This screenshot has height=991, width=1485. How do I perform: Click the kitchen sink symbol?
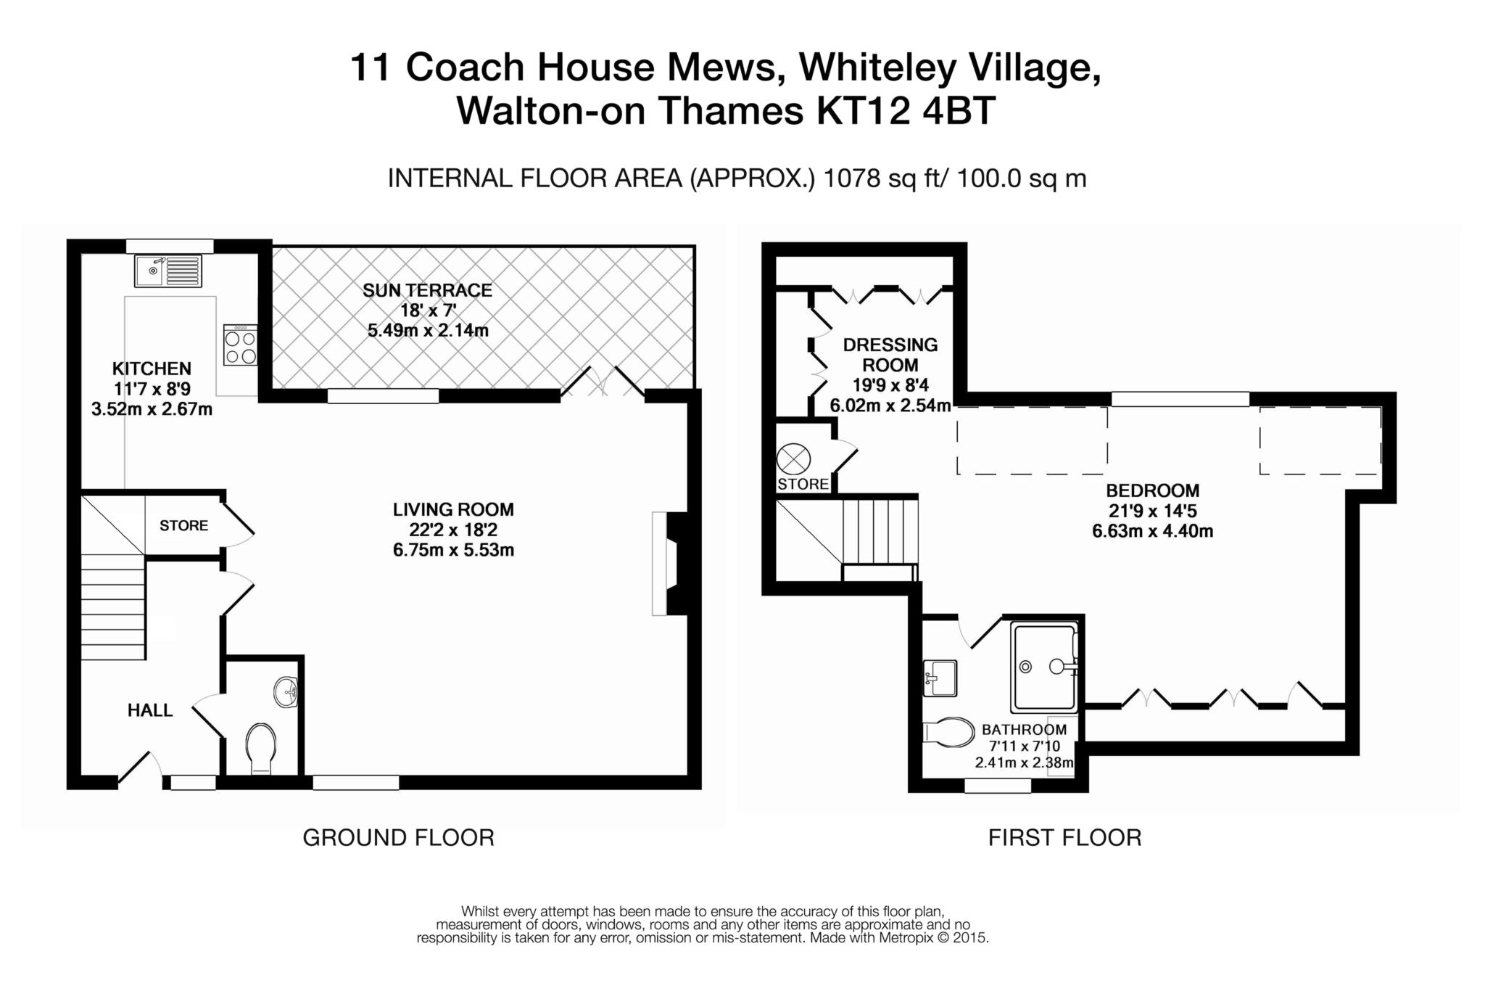168,271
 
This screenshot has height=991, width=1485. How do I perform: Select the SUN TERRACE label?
427,290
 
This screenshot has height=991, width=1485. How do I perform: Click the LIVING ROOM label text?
453,509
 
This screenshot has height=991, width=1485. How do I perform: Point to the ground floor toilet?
260,747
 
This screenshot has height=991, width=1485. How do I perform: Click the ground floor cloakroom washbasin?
286,691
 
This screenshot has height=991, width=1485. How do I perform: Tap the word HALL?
150,710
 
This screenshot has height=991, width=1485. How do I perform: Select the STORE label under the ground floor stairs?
183,525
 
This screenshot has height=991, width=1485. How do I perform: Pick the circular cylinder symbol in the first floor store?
793,459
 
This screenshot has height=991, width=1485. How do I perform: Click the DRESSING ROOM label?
890,355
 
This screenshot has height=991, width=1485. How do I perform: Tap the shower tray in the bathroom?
1043,665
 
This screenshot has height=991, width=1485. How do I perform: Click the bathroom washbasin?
940,678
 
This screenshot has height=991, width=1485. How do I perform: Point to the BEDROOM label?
1152,490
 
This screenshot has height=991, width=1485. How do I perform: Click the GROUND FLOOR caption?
398,838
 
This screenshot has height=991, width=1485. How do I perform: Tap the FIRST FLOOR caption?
1064,838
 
